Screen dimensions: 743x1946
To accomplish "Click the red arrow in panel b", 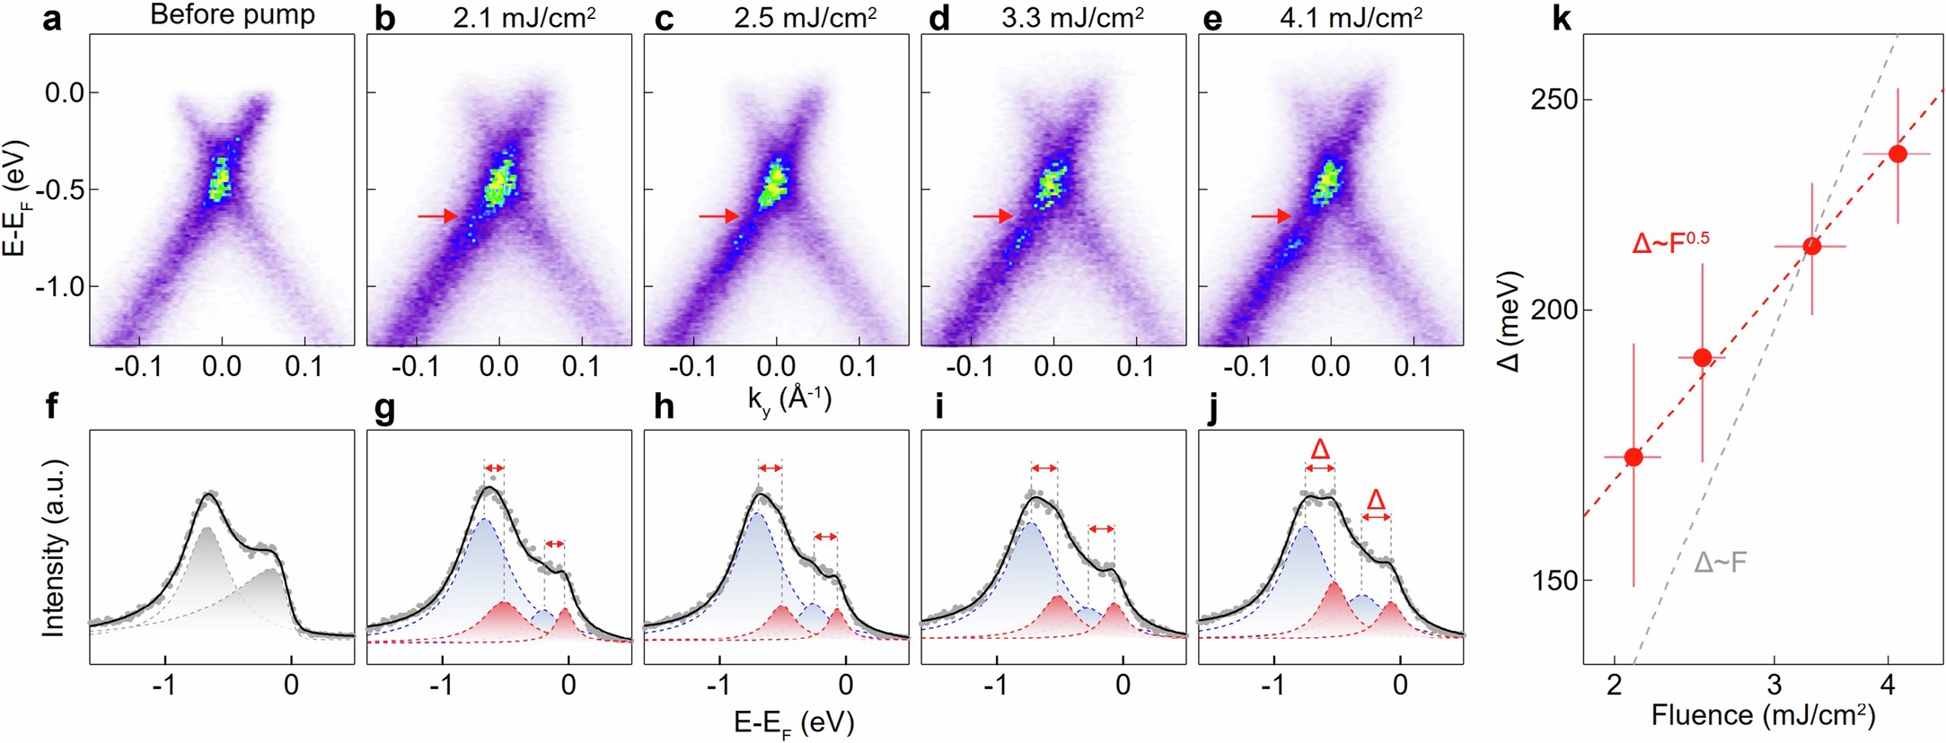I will pos(437,216).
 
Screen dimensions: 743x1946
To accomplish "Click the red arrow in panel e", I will pos(1272,216).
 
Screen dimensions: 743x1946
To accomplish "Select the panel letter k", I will pos(1562,19).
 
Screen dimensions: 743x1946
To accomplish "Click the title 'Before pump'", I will pos(233,15).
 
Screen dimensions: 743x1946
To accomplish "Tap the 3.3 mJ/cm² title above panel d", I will pos(1071,17).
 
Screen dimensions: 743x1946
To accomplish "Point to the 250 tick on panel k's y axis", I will pos(1554,100).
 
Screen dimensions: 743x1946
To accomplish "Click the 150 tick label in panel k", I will pos(1554,581).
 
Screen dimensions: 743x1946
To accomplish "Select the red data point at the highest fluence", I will pos(1898,153).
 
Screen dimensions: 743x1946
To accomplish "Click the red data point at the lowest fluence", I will pos(1633,457).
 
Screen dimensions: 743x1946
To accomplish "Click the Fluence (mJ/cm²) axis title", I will pos(1763,715).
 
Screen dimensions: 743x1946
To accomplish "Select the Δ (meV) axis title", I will pos(1512,320).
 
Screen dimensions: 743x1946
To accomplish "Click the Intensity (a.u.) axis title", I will pos(55,547).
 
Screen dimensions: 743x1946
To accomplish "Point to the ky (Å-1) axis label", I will pos(789,398).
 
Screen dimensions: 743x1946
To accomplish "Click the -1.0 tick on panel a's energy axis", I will pos(59,287).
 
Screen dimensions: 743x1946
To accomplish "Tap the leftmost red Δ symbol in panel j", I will pos(1319,449).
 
